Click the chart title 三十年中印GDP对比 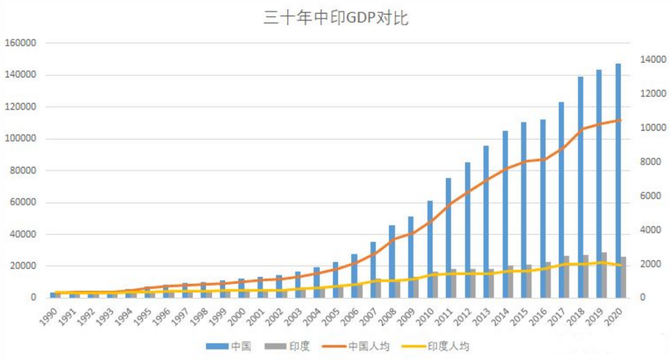[x=336, y=19]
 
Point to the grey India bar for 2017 [x=567, y=276]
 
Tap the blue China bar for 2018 [x=580, y=187]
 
